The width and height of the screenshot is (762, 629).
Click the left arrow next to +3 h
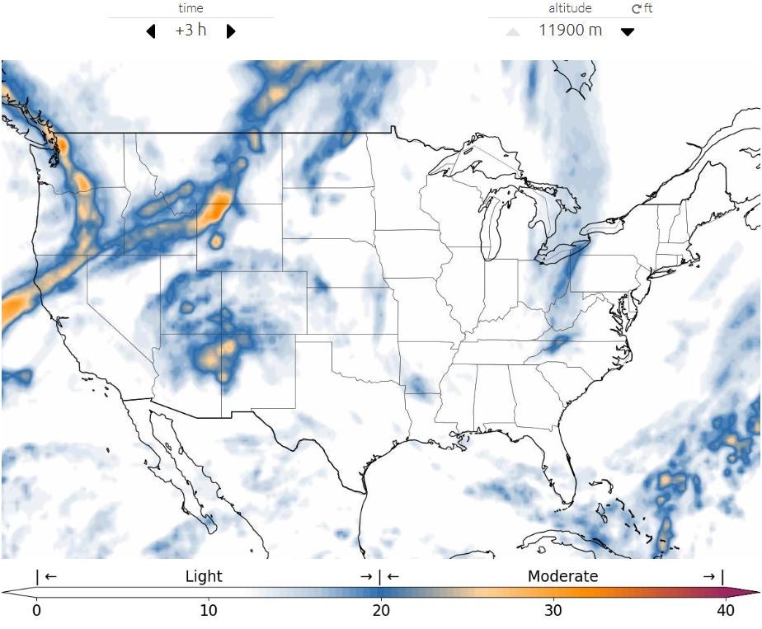150,31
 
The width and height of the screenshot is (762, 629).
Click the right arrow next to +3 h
231,31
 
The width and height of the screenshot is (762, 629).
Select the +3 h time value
190,31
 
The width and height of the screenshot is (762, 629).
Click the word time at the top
190,8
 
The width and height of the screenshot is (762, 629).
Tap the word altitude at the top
570,8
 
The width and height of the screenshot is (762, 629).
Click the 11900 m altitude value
570,31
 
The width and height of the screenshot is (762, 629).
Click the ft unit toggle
642,8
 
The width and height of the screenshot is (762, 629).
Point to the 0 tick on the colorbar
36,611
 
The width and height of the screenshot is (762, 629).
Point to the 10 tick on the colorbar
209,611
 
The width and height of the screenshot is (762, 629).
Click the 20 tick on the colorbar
381,611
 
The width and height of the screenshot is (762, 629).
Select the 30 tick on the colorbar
553,611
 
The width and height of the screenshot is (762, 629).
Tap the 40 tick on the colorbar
726,611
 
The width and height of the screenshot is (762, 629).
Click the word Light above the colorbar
204,576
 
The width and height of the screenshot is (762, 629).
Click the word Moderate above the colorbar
562,576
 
